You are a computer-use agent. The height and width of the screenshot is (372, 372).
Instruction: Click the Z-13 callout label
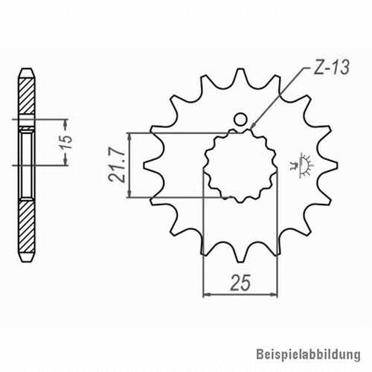(x=331, y=68)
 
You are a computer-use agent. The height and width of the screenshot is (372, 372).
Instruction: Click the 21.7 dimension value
(x=116, y=165)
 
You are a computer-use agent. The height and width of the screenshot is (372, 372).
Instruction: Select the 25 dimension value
(x=240, y=283)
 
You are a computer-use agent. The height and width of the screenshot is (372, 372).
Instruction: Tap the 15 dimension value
(x=67, y=142)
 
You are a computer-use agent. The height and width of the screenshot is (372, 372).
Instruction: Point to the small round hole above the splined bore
(x=240, y=120)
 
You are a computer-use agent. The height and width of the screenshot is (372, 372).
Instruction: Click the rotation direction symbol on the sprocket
(x=302, y=165)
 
